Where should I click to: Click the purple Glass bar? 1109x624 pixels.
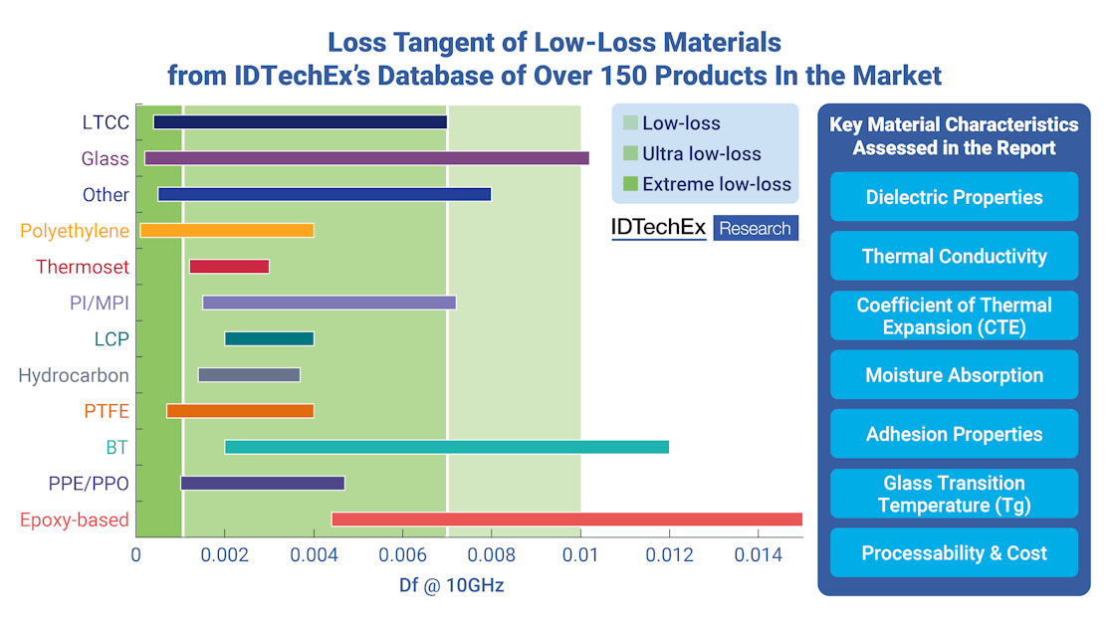coord(366,158)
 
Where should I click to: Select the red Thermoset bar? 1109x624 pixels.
coord(229,267)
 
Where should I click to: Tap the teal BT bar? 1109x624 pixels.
coord(446,447)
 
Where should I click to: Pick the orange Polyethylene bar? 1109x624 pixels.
coord(227,231)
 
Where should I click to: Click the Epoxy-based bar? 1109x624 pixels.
coord(565,520)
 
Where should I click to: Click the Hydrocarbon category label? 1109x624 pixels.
coord(74,375)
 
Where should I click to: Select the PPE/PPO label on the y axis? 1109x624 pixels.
coord(88,484)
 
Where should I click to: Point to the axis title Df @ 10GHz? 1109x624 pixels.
coord(445,585)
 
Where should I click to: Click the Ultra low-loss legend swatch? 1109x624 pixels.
coord(629,154)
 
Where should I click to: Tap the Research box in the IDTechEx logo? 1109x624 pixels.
coord(756,229)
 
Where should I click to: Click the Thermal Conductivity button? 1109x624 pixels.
coord(954,256)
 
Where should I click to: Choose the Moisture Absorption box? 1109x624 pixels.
coord(954,375)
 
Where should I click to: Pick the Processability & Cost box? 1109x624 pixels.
coord(954,553)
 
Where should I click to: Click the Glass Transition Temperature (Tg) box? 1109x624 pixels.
coord(954,494)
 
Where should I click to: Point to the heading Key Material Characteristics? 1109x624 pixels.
coord(954,125)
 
